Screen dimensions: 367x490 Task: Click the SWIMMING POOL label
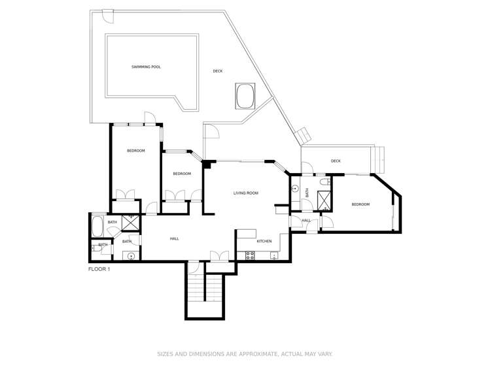pyautogui.click(x=146, y=67)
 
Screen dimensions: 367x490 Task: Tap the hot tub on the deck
pyautogui.click(x=245, y=97)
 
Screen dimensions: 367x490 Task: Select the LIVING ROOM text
pyautogui.click(x=246, y=193)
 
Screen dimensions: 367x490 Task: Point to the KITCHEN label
pyautogui.click(x=264, y=242)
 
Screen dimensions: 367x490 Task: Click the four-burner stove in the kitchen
pyautogui.click(x=249, y=256)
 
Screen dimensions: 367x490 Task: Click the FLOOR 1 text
pyautogui.click(x=99, y=269)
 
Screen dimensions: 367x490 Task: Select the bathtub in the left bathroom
pyautogui.click(x=97, y=227)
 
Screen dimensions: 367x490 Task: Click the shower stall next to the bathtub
pyautogui.click(x=131, y=223)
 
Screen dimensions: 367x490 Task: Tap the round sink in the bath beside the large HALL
pyautogui.click(x=131, y=256)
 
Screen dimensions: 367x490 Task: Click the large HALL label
pyautogui.click(x=175, y=239)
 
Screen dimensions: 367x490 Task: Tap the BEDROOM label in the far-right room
pyautogui.click(x=360, y=204)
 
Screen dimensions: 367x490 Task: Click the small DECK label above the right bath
pyautogui.click(x=336, y=161)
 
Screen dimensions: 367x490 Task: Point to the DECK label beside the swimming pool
pyautogui.click(x=218, y=71)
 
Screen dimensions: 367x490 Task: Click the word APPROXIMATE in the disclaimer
pyautogui.click(x=253, y=354)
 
